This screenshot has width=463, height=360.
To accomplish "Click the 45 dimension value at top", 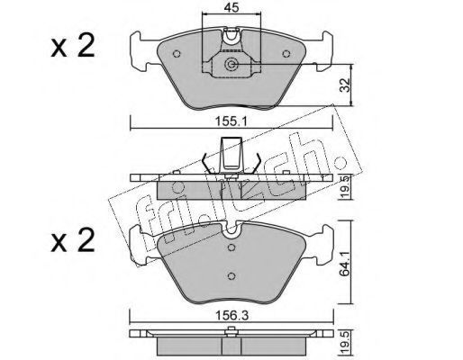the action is point(231,7).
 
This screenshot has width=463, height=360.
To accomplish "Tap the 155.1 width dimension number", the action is point(231,121).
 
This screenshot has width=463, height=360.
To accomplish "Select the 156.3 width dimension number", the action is point(232,315).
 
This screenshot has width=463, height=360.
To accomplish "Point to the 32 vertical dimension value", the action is point(346,85).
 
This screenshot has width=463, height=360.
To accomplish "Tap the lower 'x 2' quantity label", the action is point(73,240).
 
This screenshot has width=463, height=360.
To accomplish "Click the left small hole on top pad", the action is point(177,54).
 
